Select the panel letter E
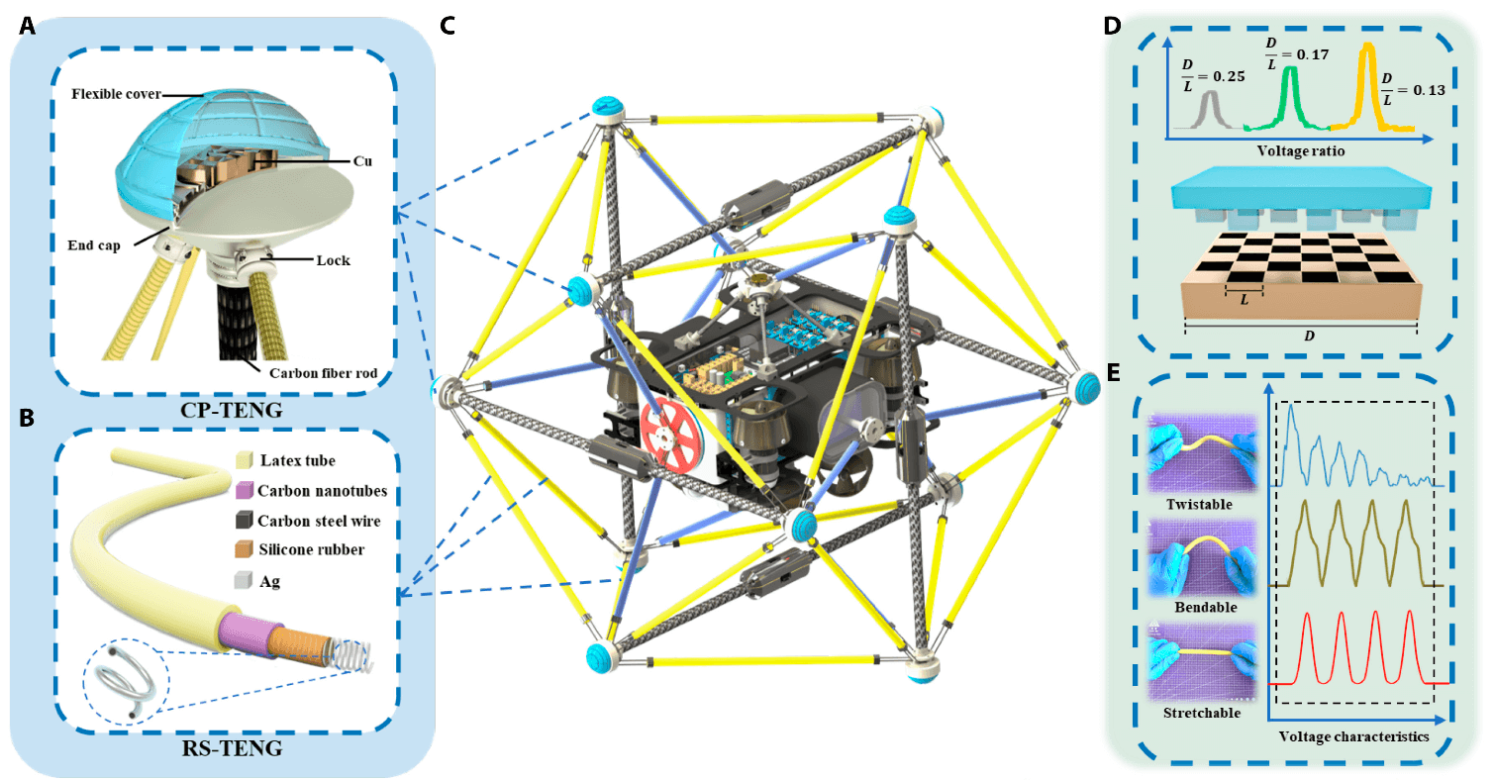pos(1113,373)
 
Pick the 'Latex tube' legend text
pos(297,460)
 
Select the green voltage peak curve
pos(1288,94)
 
